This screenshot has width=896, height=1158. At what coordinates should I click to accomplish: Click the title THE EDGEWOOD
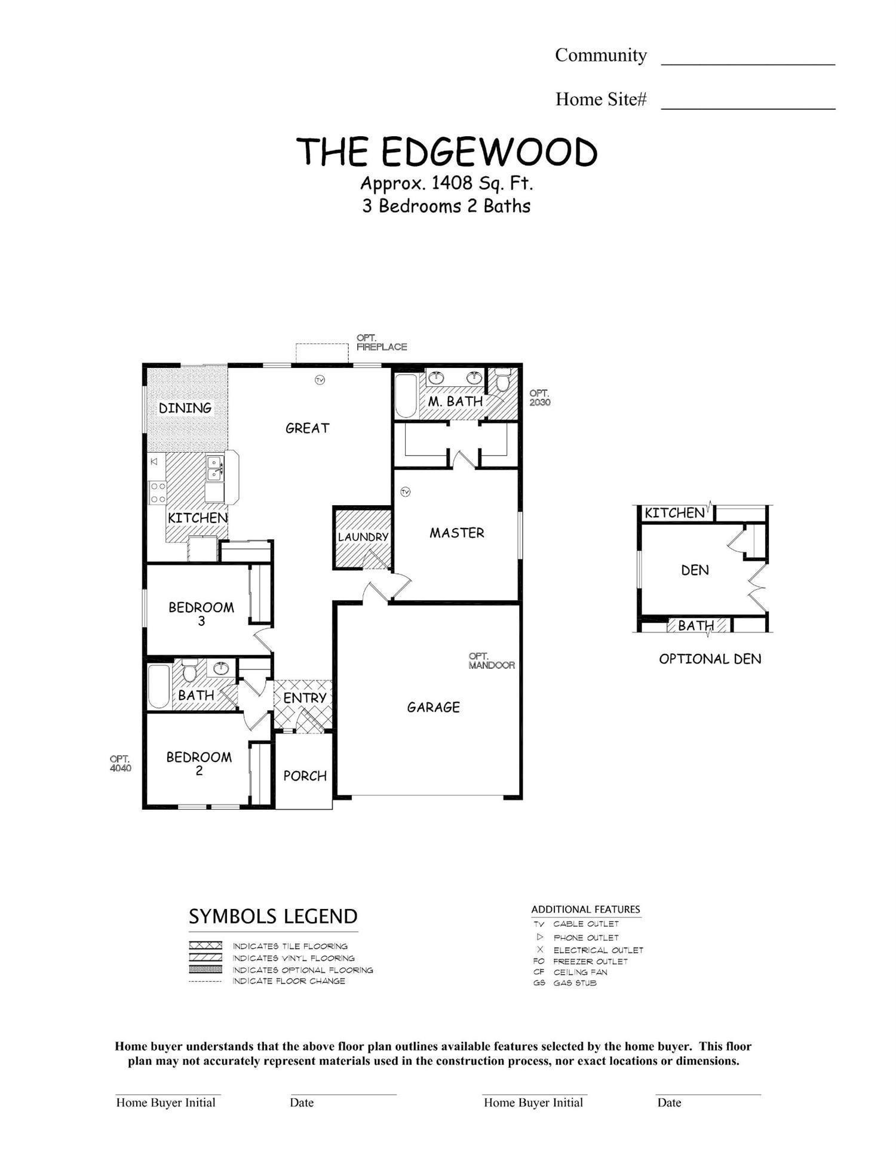447,152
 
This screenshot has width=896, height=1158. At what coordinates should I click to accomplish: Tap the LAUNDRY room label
363,537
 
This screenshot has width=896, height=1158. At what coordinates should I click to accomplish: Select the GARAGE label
433,707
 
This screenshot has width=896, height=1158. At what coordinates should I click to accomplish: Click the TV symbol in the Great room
320,380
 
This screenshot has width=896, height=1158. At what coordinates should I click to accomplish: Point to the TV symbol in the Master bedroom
406,492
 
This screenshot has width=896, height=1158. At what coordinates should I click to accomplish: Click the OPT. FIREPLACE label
381,342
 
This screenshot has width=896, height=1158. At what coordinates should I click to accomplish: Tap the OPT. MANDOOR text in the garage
491,661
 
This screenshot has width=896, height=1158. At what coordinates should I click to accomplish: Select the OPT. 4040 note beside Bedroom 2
120,764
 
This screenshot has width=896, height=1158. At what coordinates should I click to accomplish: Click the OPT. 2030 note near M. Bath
539,398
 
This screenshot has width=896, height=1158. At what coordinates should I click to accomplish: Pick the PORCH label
305,776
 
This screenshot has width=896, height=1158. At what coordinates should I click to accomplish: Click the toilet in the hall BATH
190,671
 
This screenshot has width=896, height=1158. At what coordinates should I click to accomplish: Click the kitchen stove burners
158,492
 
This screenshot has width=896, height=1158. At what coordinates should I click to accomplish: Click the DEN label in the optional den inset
695,570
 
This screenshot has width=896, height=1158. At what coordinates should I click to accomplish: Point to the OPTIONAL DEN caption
710,659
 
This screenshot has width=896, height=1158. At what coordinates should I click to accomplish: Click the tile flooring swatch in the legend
205,946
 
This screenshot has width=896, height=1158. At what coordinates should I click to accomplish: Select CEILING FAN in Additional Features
579,972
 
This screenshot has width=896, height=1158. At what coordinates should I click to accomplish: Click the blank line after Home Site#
747,102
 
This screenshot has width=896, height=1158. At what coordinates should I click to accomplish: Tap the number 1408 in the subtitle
452,183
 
